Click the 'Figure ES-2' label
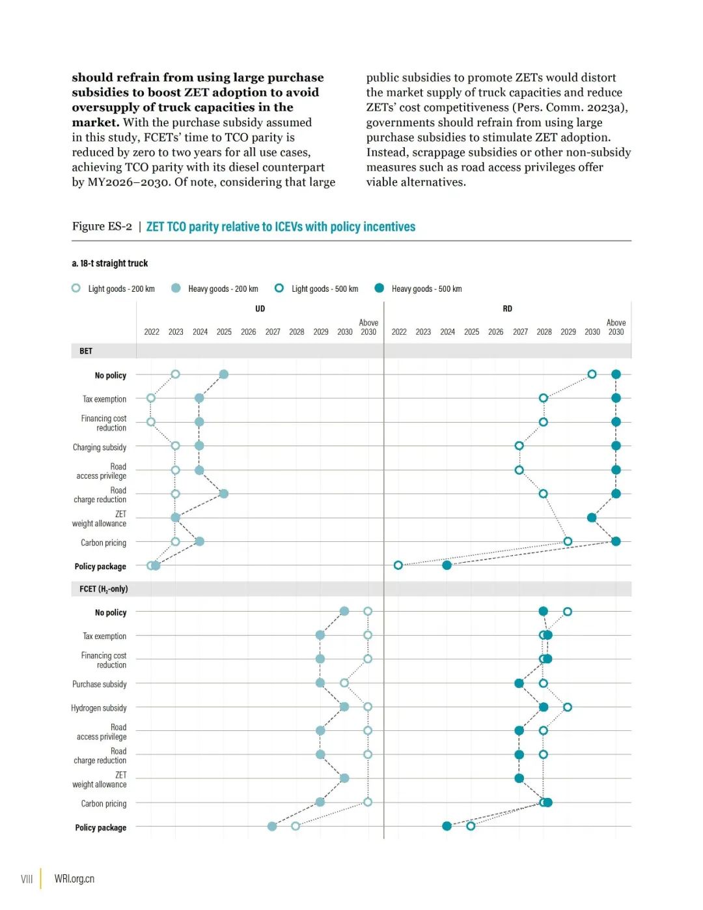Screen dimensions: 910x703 (102, 226)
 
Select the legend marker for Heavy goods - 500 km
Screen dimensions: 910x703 (379, 288)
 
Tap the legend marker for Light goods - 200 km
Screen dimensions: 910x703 (76, 288)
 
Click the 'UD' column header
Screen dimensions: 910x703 (260, 309)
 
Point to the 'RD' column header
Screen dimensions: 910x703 (507, 309)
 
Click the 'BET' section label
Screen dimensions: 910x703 (86, 351)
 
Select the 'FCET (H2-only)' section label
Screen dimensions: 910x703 (103, 589)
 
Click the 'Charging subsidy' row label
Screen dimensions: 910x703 (100, 448)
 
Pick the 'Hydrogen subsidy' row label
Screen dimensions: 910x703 (99, 708)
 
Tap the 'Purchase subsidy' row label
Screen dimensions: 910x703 (100, 684)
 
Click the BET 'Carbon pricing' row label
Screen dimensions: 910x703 (103, 543)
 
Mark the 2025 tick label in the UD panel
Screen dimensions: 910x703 (224, 332)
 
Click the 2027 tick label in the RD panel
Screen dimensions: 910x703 (520, 332)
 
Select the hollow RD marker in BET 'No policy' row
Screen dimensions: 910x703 (592, 375)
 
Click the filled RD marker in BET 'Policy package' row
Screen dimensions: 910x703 (447, 565)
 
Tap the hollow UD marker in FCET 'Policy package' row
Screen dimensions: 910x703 (296, 826)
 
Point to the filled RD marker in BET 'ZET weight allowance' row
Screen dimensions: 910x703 (592, 518)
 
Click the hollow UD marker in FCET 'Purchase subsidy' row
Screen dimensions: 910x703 (344, 683)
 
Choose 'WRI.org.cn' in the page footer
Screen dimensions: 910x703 (74, 879)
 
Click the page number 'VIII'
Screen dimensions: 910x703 (27, 879)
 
